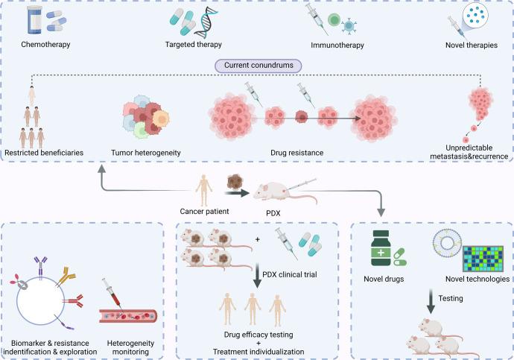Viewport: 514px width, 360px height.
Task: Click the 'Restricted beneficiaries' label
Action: pyautogui.click(x=45, y=154)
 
